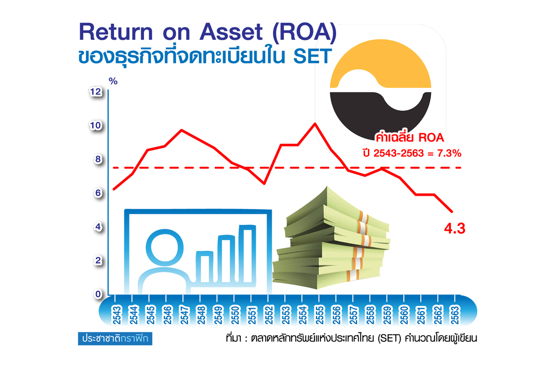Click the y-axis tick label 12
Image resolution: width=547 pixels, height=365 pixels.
(x=95, y=92)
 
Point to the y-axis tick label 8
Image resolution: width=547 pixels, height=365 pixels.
(x=98, y=159)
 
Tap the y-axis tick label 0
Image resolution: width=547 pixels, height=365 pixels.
(x=98, y=294)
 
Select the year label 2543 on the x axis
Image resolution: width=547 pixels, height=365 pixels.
(x=117, y=315)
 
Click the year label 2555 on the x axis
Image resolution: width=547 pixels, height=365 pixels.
(x=320, y=315)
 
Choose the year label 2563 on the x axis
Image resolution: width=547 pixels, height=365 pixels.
(x=455, y=315)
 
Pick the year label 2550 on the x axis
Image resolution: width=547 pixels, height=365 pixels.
(x=235, y=315)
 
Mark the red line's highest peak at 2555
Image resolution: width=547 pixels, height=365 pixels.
(x=315, y=124)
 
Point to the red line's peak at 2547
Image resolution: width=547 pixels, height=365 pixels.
(x=181, y=130)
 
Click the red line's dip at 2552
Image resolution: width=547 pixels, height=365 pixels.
(x=264, y=183)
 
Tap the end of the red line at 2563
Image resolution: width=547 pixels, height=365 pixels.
(x=452, y=211)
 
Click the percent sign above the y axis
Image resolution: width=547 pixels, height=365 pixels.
(x=113, y=81)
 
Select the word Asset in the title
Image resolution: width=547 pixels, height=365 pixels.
(x=231, y=32)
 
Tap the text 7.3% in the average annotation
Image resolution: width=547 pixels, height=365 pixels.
(x=449, y=153)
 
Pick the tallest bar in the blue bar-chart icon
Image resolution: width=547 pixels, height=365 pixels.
(x=247, y=254)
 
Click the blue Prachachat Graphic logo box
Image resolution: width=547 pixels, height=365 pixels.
(x=115, y=339)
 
